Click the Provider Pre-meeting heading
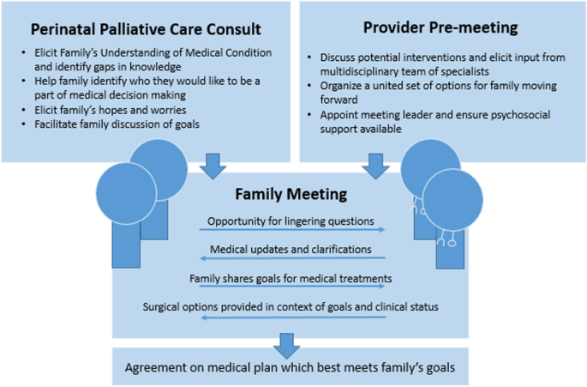coord(440,27)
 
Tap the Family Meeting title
coord(291,195)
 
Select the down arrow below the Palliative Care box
coord(210,163)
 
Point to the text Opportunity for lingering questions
coord(291,221)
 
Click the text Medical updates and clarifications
coord(291,249)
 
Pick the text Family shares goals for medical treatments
coord(291,277)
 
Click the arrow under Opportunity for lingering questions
coord(291,230)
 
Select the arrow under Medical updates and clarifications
coord(291,258)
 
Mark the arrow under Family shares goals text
coord(291,287)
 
